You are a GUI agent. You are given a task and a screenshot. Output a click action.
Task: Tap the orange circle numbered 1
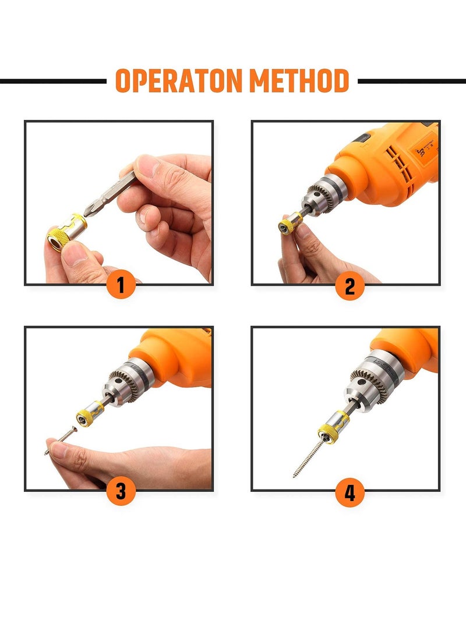pos(121,286)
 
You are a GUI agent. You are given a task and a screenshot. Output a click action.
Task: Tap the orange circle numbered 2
pos(349,286)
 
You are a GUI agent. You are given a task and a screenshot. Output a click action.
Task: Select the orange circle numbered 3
pos(121,491)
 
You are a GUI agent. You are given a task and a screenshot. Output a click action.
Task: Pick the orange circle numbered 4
pos(349,492)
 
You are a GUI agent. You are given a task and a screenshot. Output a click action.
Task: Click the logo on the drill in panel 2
pos(422,152)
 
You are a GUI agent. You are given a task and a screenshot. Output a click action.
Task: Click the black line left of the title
pos(52,81)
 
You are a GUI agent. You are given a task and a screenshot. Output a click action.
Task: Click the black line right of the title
pos(411,81)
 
